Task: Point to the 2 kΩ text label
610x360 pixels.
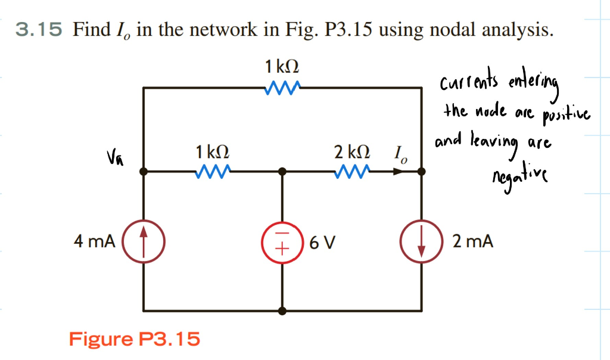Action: [x=351, y=153]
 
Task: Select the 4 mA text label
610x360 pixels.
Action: [x=94, y=241]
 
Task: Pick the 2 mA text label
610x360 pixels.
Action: [x=472, y=241]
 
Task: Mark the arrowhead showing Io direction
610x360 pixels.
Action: [x=396, y=172]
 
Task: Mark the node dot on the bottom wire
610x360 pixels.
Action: [x=282, y=311]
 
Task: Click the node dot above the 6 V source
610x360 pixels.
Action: [x=282, y=172]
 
